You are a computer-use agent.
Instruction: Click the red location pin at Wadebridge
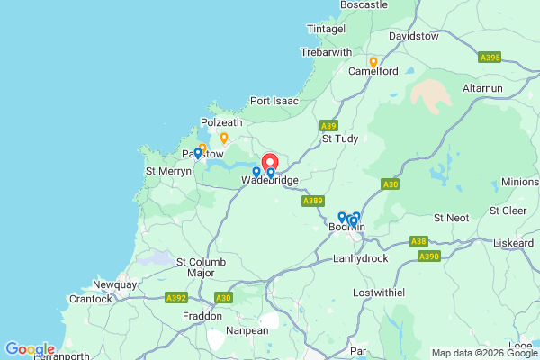tap(268, 163)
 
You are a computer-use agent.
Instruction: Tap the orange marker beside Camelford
tap(373, 62)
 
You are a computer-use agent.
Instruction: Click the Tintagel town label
tap(326, 30)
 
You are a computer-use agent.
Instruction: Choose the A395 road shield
tap(490, 58)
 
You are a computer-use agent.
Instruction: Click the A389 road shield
tap(313, 201)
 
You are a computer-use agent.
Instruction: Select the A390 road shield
tap(429, 256)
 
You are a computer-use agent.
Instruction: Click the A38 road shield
tap(418, 241)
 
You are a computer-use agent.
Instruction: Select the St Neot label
tap(452, 218)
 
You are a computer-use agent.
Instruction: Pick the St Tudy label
tap(340, 139)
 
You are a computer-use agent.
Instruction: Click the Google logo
tap(30, 349)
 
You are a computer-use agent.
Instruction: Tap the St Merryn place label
tap(168, 171)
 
